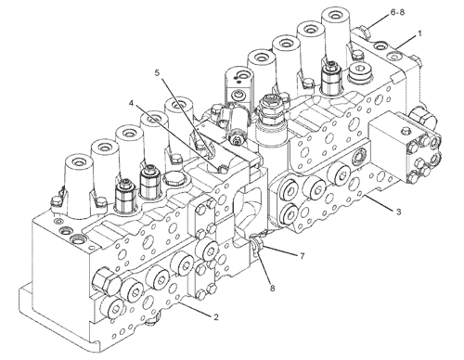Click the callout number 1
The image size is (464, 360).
coord(419,33)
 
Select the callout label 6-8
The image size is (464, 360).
coord(397,12)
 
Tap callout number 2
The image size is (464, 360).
coord(216,317)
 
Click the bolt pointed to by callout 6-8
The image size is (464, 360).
coord(365,32)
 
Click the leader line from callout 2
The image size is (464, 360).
coord(196,310)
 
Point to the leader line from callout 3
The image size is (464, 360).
coord(379,202)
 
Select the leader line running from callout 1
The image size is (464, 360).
coord(406,42)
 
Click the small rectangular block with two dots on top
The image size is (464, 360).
coord(238,83)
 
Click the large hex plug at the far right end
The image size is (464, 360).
coord(423,118)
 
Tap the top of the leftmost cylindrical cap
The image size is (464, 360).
coord(78,162)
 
